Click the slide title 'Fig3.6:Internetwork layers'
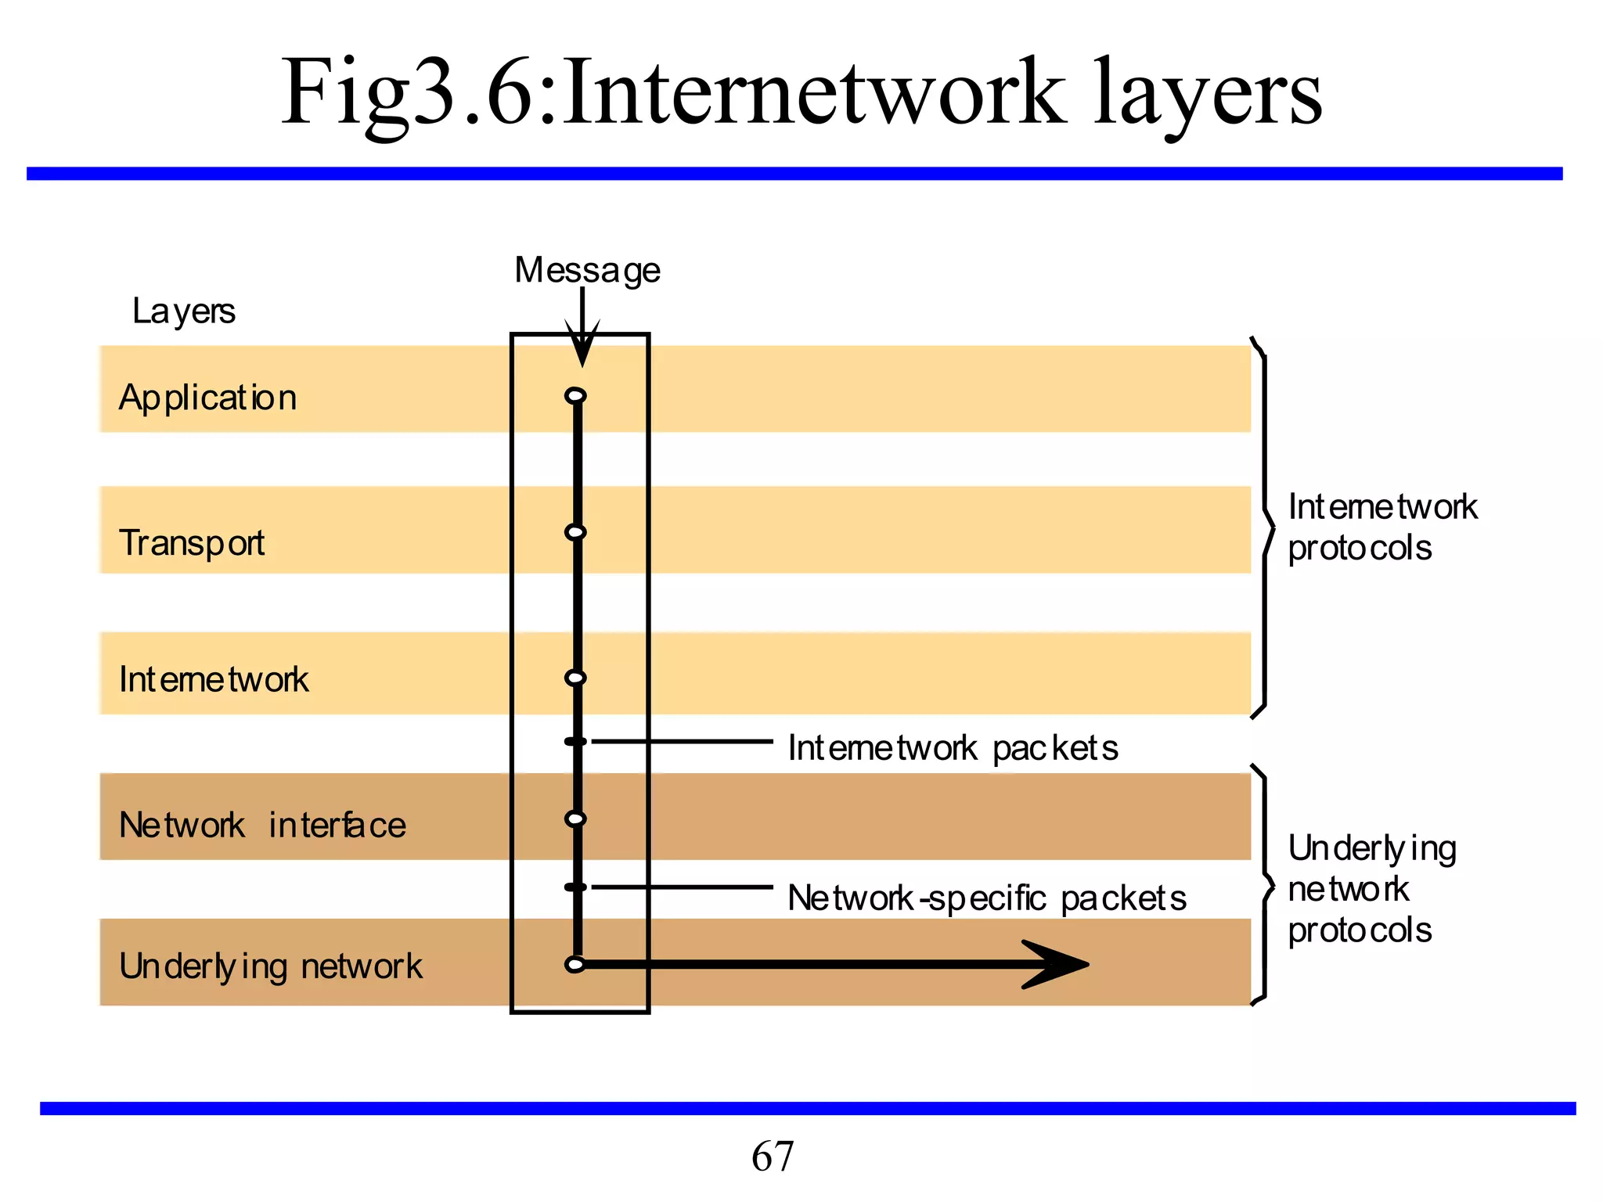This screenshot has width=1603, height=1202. [801, 92]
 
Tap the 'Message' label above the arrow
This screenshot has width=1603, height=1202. [587, 271]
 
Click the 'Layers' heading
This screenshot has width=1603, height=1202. [183, 311]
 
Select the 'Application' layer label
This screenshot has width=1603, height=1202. [207, 398]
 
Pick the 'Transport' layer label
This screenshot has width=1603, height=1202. [192, 543]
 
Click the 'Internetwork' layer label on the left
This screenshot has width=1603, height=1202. [214, 679]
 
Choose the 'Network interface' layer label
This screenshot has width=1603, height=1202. [262, 825]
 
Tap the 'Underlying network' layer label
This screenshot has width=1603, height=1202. [270, 966]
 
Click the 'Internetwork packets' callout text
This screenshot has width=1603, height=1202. [953, 748]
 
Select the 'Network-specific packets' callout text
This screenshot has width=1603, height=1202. [986, 898]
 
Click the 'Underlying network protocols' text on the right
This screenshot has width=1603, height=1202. [1371, 889]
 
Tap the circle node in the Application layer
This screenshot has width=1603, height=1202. [575, 396]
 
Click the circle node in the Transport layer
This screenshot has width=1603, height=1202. [575, 533]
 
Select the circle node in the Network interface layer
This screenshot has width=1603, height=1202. [575, 819]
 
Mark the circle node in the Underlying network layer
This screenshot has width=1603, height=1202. [575, 965]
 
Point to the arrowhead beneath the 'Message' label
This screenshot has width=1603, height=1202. [582, 348]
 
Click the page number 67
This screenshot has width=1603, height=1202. [773, 1156]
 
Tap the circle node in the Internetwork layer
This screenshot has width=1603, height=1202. [575, 678]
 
